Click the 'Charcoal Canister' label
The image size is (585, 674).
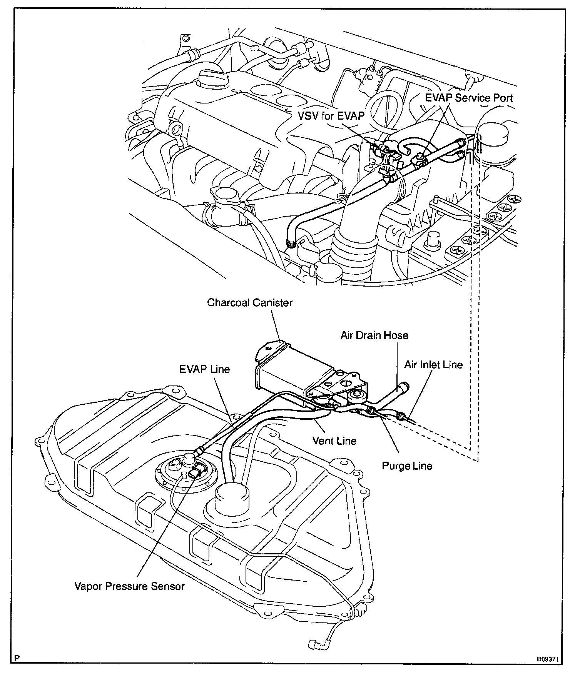coord(250,302)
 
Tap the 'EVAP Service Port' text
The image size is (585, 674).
coord(469,98)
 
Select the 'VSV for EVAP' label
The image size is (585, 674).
coord(331,115)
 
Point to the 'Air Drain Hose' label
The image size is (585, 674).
coord(374,335)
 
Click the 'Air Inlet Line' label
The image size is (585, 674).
coord(433,365)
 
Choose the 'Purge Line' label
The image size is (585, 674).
coord(407,466)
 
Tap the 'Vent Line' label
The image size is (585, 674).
coord(334,441)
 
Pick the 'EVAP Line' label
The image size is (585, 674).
coord(204,369)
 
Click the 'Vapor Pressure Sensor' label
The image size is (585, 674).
coord(129,586)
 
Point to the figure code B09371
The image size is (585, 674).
coord(547,659)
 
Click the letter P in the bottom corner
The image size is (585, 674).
coord(16,658)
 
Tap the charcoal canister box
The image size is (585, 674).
coord(292,369)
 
